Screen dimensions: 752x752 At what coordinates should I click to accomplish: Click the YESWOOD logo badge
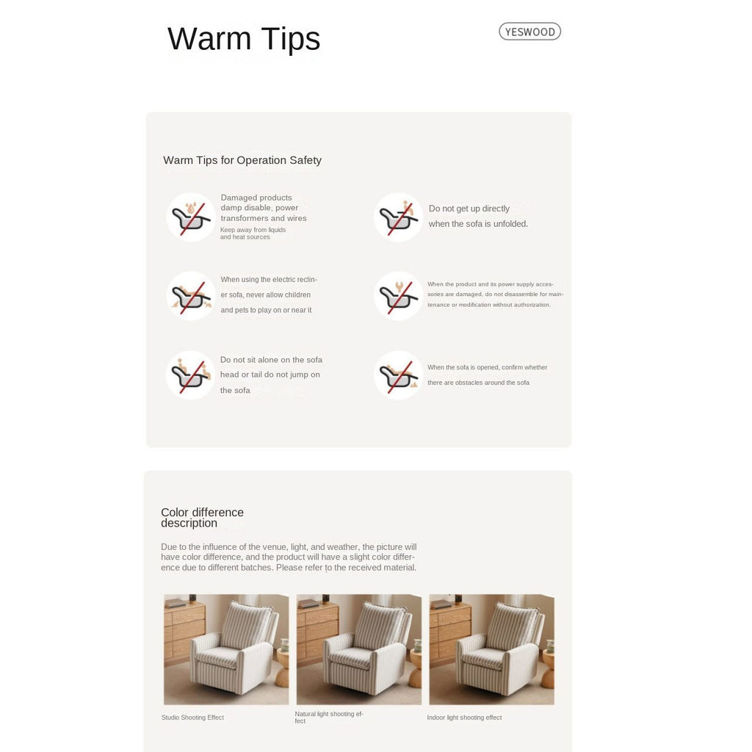pos(529,32)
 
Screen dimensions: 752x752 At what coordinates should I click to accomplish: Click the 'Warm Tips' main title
pos(244,39)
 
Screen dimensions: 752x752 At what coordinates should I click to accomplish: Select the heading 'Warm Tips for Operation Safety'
pos(242,160)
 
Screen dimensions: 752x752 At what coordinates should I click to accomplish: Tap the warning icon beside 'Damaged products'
pos(191,217)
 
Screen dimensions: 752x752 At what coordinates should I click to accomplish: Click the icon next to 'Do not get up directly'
pos(399,217)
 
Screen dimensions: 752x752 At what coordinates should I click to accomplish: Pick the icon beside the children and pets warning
pos(191,296)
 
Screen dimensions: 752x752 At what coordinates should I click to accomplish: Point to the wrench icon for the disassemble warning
pos(399,296)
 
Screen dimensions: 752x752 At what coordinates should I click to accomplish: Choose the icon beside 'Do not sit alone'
pos(191,375)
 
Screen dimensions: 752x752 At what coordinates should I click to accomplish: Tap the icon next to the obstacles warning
pos(399,375)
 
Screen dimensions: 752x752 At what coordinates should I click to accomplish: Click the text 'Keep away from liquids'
pos(253,230)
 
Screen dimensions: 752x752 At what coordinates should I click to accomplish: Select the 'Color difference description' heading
pos(202,518)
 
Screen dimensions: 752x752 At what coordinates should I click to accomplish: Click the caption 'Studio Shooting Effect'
pos(193,717)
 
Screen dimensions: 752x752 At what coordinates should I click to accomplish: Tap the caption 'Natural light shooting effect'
pos(329,717)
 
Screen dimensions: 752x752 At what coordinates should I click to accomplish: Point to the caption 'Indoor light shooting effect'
pos(464,717)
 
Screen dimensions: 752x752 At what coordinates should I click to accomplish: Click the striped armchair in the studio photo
pos(234,648)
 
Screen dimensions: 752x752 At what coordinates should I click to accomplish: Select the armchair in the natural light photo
pos(367,648)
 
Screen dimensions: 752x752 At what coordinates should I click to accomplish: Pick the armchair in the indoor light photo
pos(500,648)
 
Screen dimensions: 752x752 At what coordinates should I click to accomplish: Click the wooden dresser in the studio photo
pos(184,630)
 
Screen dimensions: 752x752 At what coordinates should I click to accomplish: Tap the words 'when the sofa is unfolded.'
pos(478,224)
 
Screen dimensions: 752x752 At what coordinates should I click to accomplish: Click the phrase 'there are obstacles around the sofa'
pos(478,383)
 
